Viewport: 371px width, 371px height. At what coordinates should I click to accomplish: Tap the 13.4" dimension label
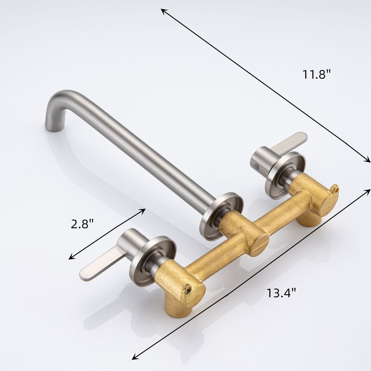(x=281, y=293)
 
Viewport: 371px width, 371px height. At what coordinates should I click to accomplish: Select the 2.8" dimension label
(x=83, y=224)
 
